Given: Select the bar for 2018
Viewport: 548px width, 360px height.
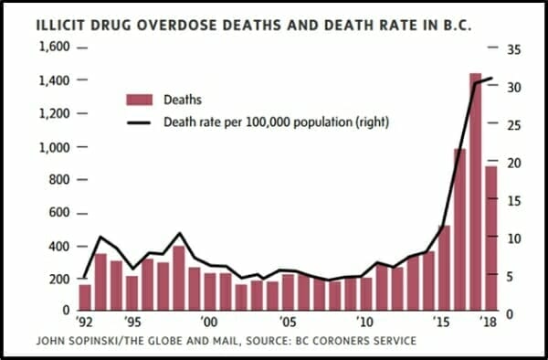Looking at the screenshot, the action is point(491,238).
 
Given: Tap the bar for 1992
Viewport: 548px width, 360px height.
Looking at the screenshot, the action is point(85,298).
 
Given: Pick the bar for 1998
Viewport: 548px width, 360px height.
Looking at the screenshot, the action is point(179,278).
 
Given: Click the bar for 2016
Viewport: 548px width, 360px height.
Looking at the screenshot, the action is point(460,229).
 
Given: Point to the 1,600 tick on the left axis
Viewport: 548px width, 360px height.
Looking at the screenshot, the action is point(82,48).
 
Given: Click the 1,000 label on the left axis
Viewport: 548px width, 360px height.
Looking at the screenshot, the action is point(54,147).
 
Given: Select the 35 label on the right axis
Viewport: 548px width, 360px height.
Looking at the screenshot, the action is point(513,50).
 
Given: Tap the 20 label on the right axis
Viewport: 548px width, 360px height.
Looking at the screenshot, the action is point(513,164).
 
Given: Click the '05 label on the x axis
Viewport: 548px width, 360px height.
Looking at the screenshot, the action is point(289,322).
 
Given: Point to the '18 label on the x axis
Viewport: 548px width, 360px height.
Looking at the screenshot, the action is point(489,322).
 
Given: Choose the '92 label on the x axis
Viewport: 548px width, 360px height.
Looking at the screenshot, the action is point(85,322).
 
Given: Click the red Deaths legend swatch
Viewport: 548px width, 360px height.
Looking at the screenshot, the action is point(140,100).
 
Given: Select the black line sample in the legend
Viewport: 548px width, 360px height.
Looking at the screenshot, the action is point(139,122).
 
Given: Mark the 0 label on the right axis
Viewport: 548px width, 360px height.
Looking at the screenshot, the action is point(511,314).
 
